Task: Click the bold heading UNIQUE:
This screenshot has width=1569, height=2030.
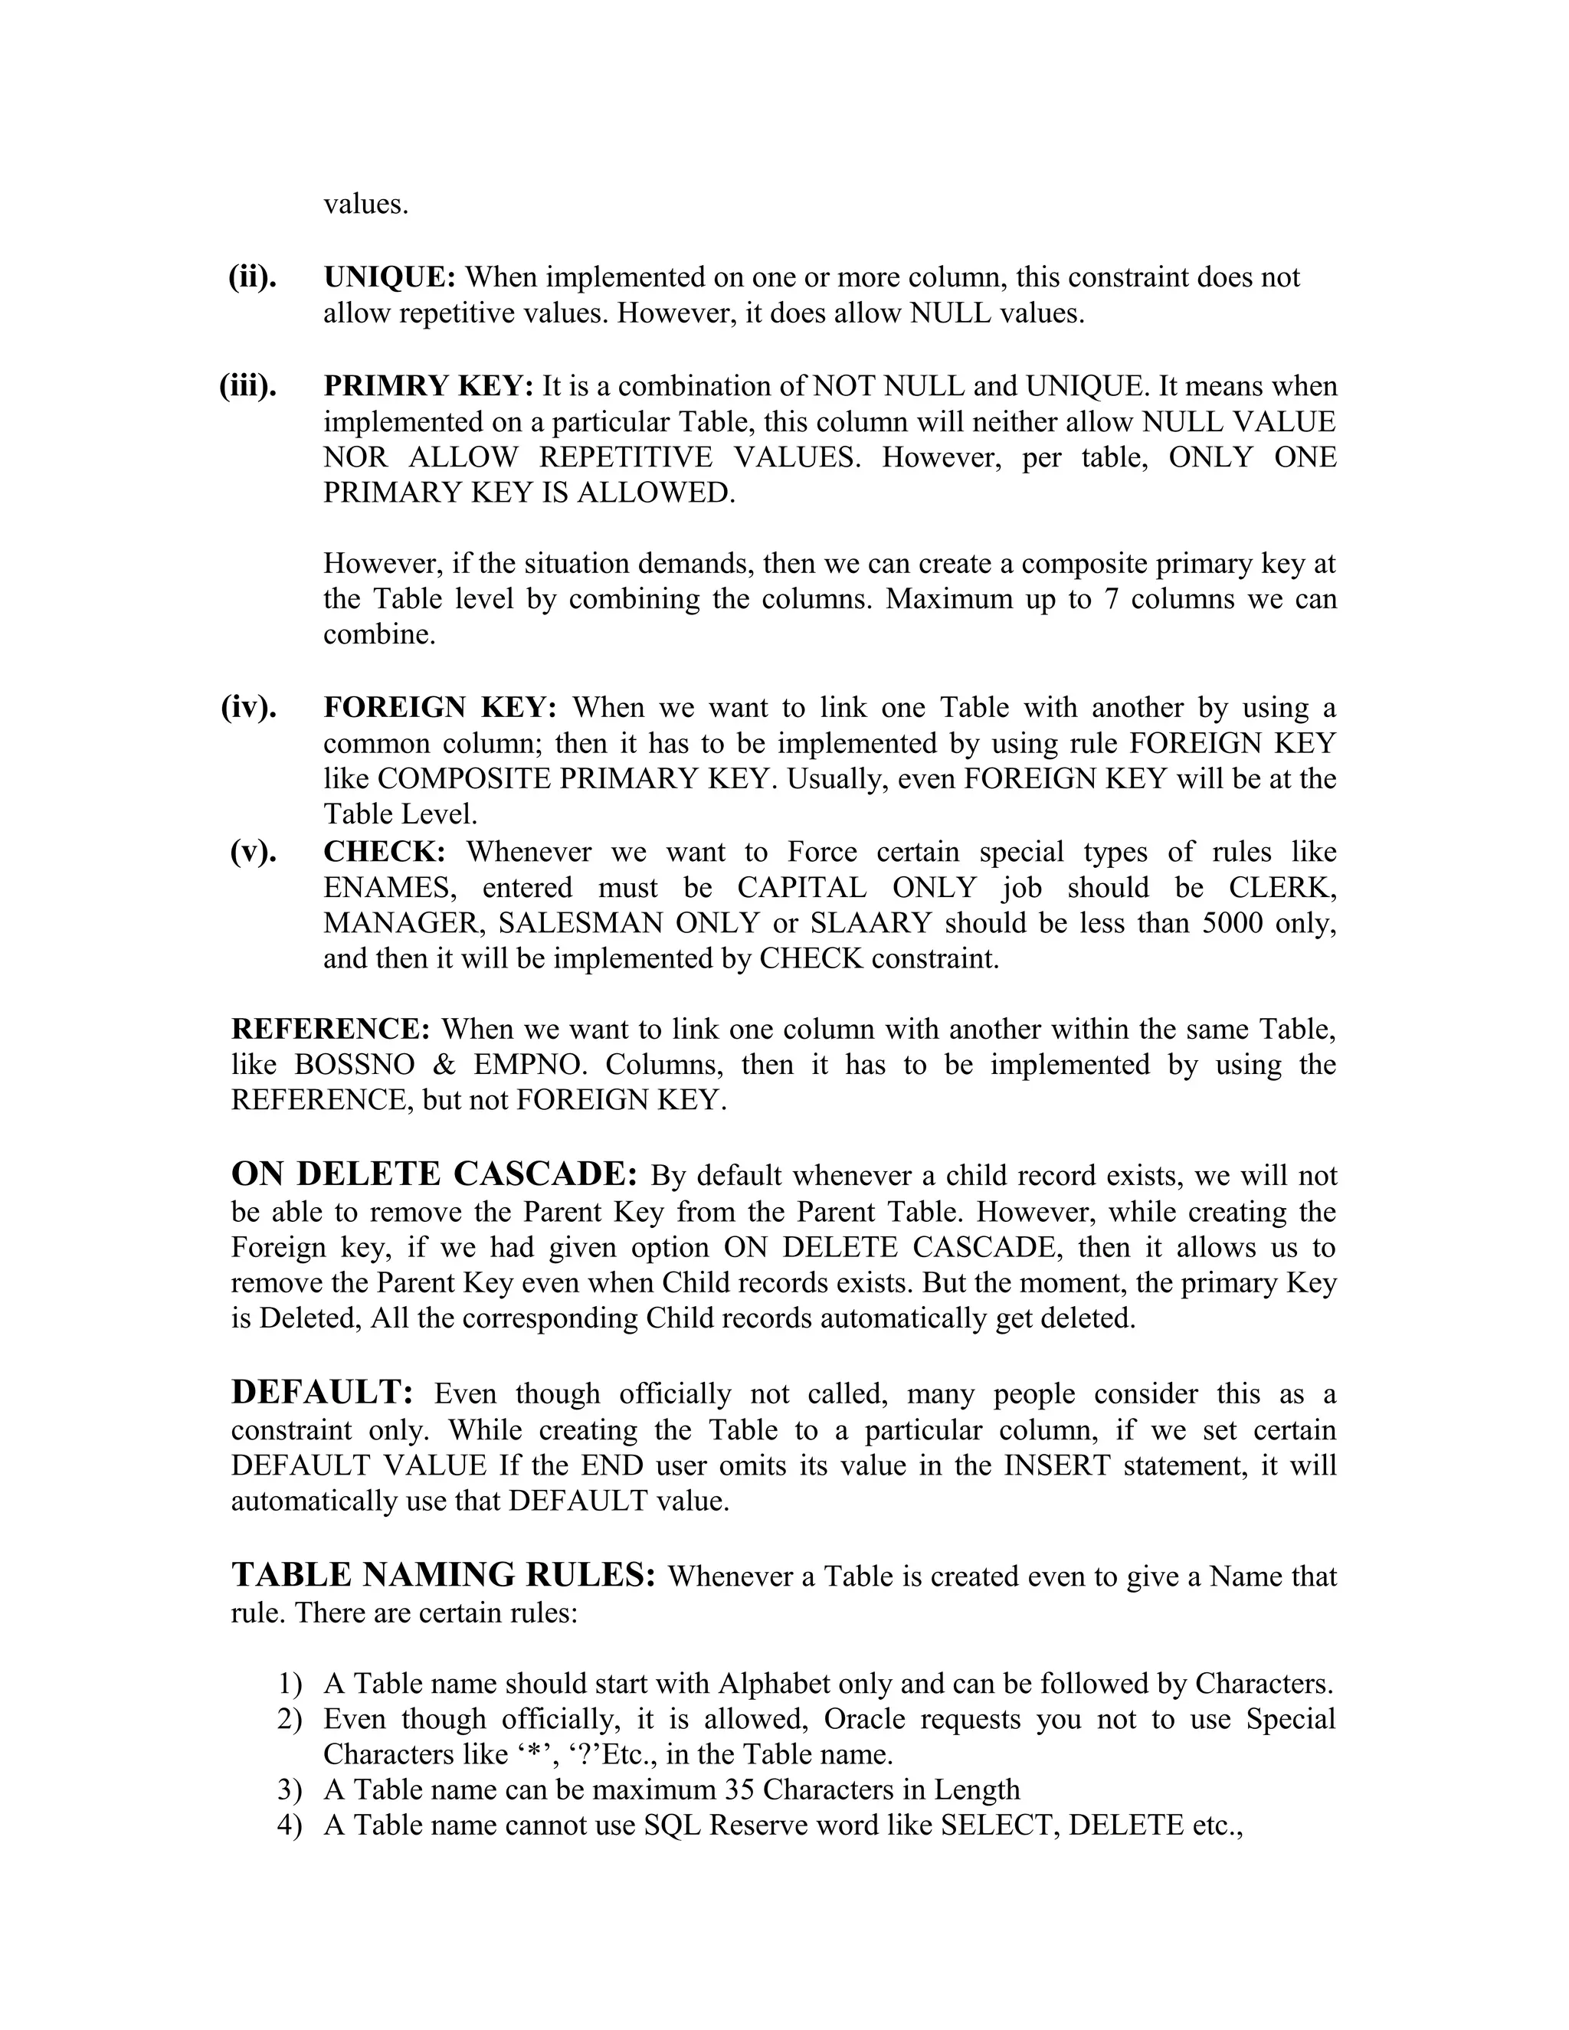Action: [388, 277]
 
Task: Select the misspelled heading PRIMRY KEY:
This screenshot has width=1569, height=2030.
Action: [427, 386]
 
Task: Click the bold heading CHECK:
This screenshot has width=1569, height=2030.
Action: [384, 851]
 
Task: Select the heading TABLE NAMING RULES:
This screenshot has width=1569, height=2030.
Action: [444, 1574]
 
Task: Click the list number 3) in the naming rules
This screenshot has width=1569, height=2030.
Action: [289, 1790]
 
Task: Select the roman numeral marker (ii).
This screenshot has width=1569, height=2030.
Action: [252, 277]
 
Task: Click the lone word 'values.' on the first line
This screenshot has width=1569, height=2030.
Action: [365, 205]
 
